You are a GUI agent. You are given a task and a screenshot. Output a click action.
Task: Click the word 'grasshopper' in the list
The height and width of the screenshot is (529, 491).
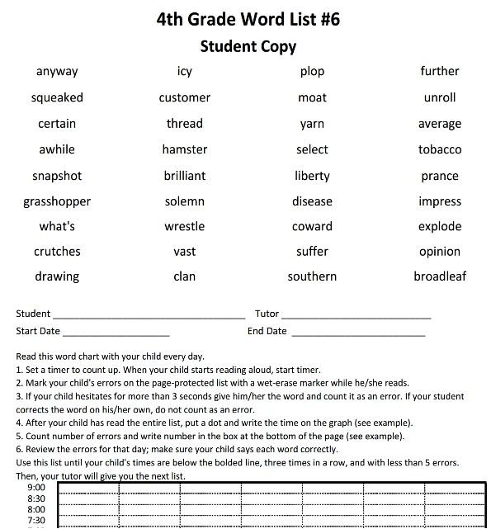click(x=57, y=201)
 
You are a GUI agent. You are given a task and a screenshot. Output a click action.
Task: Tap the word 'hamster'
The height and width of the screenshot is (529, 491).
click(x=185, y=149)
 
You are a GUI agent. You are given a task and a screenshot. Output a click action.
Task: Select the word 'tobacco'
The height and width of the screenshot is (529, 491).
click(x=440, y=149)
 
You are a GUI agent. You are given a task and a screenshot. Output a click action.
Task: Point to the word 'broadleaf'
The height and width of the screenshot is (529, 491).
click(x=440, y=276)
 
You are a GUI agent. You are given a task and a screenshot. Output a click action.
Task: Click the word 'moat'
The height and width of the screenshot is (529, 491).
click(x=312, y=97)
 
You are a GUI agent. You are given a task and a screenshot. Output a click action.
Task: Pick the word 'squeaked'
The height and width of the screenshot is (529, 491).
click(x=57, y=97)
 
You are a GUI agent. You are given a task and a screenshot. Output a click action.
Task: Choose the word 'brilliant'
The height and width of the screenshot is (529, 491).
click(x=185, y=176)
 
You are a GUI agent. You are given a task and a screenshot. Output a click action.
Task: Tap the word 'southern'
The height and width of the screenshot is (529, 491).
click(x=312, y=276)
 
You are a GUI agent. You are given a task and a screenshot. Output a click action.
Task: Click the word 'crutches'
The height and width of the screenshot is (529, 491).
click(x=57, y=252)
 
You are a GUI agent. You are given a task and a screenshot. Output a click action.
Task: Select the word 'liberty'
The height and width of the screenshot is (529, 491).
click(x=312, y=176)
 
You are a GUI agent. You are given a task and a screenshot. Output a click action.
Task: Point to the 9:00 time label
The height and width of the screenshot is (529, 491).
click(x=36, y=488)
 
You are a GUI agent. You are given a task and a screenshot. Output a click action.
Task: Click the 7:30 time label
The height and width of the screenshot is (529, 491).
click(x=36, y=521)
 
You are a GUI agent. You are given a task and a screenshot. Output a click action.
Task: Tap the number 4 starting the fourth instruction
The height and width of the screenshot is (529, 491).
click(x=18, y=423)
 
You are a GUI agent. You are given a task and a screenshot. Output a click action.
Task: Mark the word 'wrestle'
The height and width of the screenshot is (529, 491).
click(x=185, y=226)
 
